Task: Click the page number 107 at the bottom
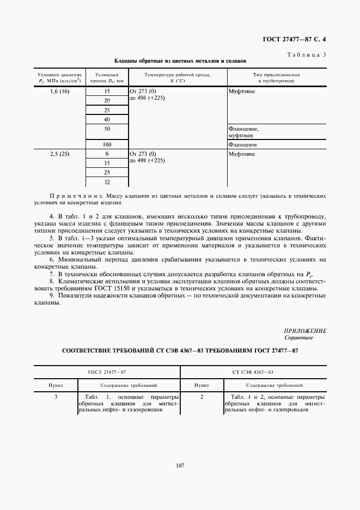180,465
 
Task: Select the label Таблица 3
306,53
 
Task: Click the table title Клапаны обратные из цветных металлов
180,62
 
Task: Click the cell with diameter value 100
107,144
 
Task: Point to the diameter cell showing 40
107,119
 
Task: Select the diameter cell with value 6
107,154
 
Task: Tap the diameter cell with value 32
107,182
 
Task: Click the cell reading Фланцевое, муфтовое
243,132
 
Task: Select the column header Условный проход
107,77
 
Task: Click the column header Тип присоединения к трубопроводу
277,77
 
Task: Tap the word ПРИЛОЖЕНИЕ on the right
305,331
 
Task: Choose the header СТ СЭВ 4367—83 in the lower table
253,372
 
